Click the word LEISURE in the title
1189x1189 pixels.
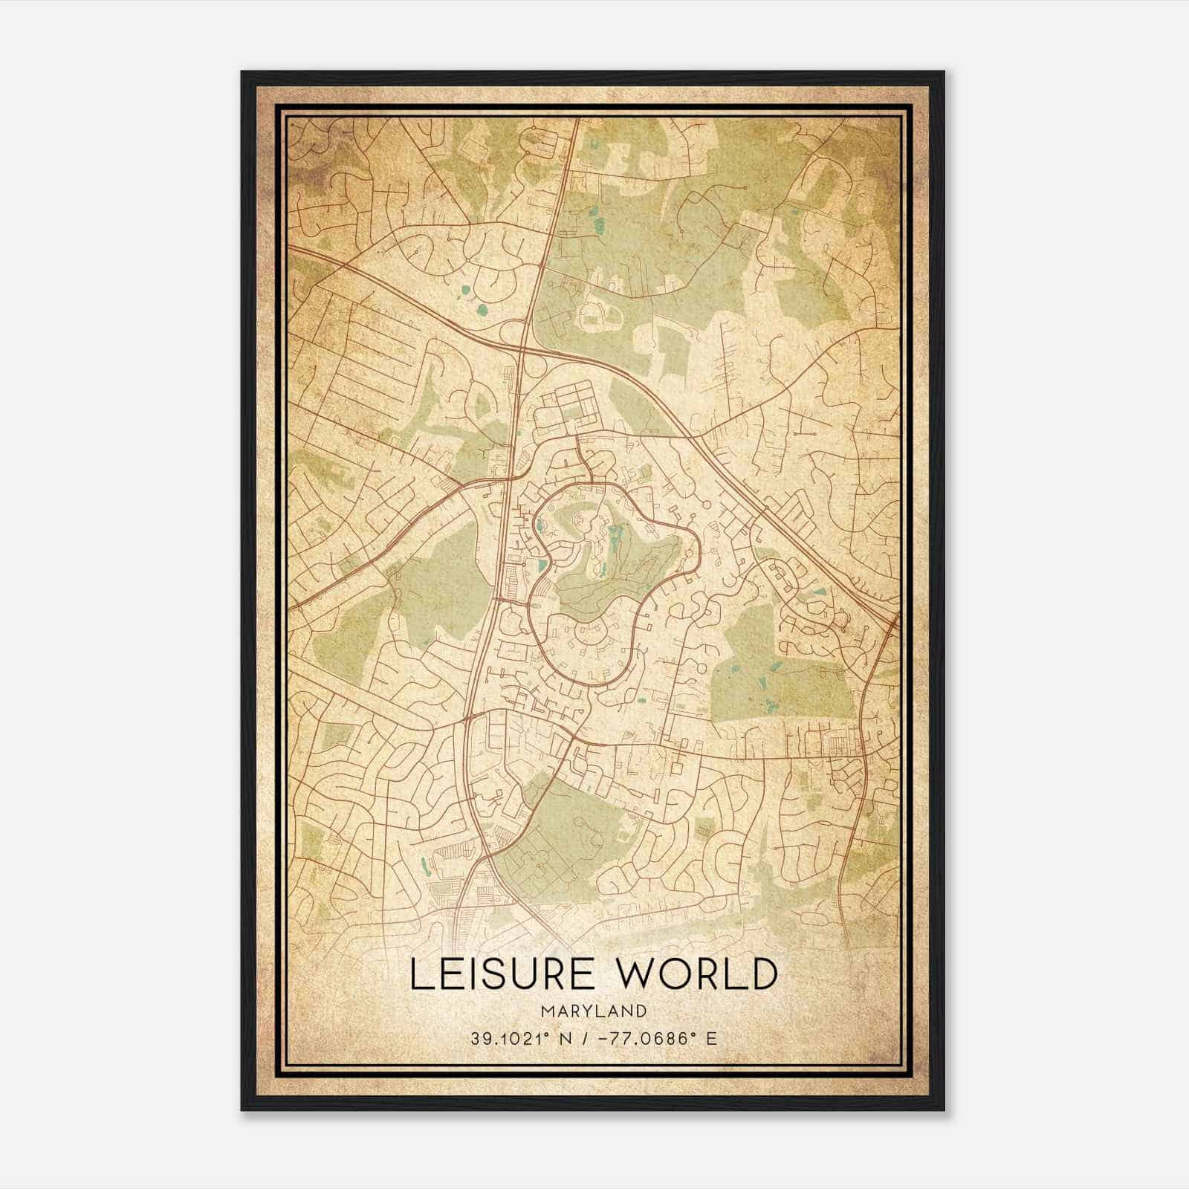coord(495,974)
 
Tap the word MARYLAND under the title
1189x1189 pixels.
coord(593,1011)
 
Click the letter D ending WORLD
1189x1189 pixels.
coord(761,974)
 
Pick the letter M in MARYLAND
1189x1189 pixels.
coord(547,1011)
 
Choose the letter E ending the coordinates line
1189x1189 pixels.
coord(712,1038)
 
